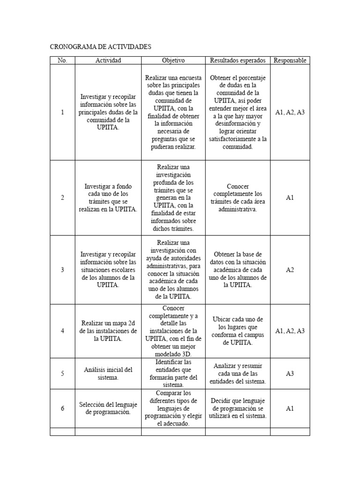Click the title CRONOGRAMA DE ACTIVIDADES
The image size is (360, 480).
pos(101,47)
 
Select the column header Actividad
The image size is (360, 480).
pos(108,60)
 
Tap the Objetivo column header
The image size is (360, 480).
pos(173,60)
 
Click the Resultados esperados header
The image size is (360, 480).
pos(238,60)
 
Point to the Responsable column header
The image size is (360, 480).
pos(290,60)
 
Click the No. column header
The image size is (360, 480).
pos(62,60)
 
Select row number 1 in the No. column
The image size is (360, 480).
pos(62,112)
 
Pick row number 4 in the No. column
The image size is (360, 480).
pos(62,331)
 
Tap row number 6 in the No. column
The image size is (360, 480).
pos(62,408)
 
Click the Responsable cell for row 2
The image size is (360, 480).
pos(290,198)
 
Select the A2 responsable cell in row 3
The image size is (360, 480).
pos(290,270)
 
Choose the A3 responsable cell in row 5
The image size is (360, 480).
pos(290,374)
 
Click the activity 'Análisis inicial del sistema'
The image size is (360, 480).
pos(108,374)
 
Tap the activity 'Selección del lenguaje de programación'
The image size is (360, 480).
pos(108,408)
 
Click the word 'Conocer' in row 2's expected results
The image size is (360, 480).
pos(238,187)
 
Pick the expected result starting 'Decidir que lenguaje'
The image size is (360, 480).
pos(238,408)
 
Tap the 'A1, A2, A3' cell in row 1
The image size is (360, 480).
pos(290,112)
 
